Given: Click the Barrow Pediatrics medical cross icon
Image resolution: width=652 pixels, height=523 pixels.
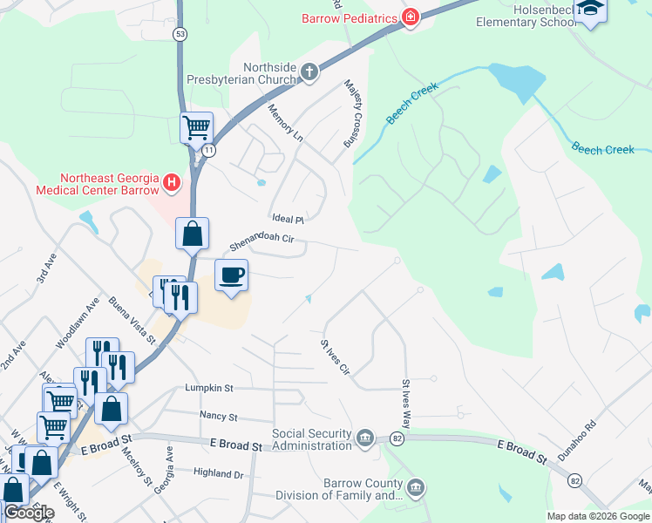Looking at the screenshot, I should [410, 17].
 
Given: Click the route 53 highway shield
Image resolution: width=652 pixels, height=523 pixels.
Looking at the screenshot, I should [180, 34].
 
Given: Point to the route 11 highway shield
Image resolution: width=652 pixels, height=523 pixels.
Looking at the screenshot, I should [209, 150].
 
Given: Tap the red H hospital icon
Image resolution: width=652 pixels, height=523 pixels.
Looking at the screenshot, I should [172, 183].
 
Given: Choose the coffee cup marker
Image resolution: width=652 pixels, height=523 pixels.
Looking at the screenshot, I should [231, 275].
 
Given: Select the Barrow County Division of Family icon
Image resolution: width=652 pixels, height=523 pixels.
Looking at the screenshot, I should [416, 487].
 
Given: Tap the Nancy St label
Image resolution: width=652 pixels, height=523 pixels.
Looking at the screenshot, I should [218, 417].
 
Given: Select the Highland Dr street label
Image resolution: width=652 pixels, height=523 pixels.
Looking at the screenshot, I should [218, 473].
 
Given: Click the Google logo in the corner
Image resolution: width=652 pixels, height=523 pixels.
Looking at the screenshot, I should [29, 513].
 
